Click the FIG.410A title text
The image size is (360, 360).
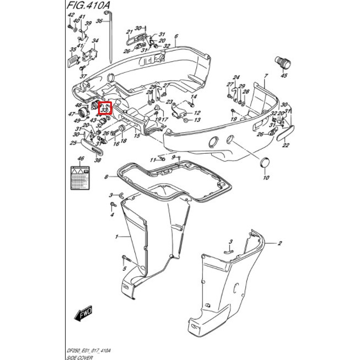click(x=88, y=8)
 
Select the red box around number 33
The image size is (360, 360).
click(x=105, y=109)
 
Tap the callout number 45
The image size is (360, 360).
click(x=284, y=76)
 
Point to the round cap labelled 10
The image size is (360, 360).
click(x=266, y=163)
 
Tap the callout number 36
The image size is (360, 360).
click(x=99, y=22)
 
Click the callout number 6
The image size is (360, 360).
click(x=176, y=37)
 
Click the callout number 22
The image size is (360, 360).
click(x=286, y=145)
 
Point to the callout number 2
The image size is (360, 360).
click(x=280, y=243)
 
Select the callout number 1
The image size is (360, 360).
click(x=116, y=237)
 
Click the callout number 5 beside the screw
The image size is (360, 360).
click(x=125, y=269)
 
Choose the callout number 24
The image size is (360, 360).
click(x=236, y=77)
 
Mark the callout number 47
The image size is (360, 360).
click(x=71, y=114)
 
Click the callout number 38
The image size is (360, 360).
click(x=98, y=160)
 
